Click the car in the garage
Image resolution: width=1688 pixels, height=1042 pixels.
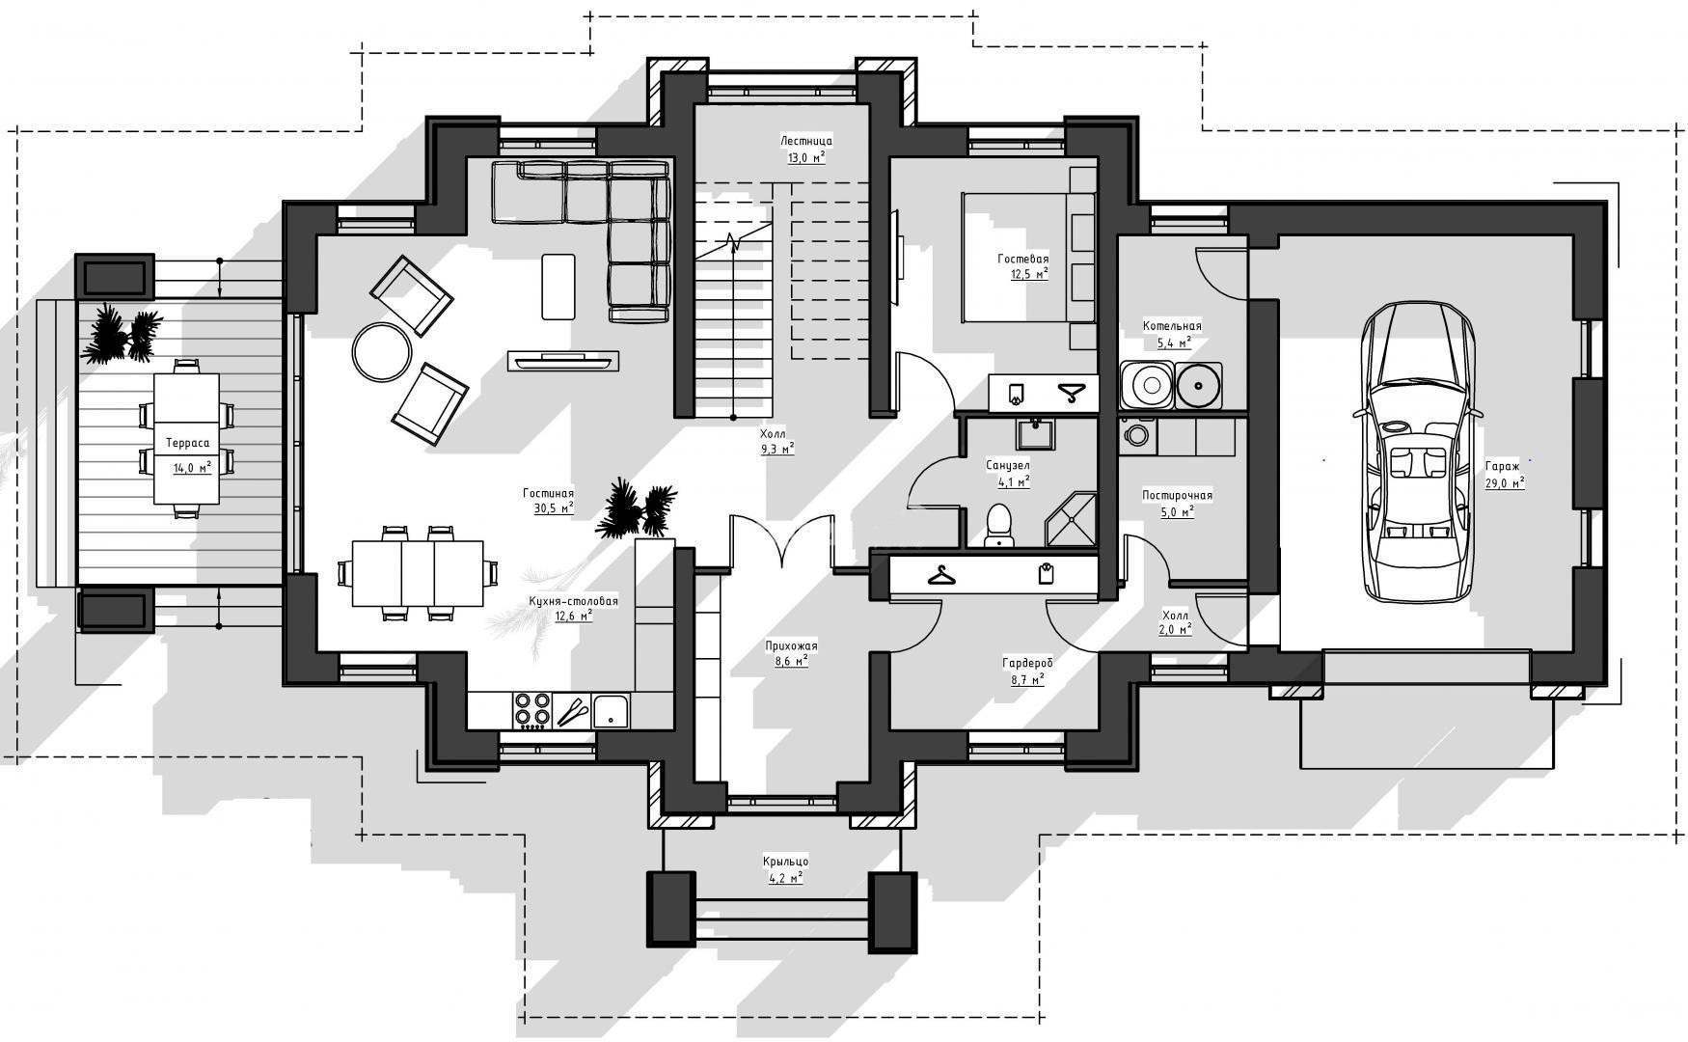[x=1419, y=452]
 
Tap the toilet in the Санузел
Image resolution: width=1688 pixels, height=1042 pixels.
[x=1000, y=525]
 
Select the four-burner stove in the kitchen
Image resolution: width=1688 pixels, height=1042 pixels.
[x=531, y=710]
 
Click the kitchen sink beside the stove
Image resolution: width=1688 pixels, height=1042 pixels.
[x=611, y=711]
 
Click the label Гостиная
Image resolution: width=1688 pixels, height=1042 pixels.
[x=549, y=492]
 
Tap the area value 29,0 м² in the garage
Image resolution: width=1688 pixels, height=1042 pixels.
[x=1505, y=482]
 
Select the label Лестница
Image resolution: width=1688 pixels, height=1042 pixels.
[x=806, y=141]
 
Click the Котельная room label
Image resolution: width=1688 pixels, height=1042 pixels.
[x=1172, y=326]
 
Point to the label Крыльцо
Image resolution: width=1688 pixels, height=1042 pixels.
[x=785, y=862]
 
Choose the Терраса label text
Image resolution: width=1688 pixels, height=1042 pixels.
[x=187, y=444]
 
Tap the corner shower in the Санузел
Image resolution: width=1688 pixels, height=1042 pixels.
[x=1071, y=520]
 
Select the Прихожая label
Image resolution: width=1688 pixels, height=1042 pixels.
[x=791, y=646]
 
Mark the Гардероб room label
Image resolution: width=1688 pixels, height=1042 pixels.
[x=1027, y=664]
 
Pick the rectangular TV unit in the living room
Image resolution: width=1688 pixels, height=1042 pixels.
[x=563, y=361]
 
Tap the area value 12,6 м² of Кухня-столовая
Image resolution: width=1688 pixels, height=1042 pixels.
[x=573, y=616]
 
